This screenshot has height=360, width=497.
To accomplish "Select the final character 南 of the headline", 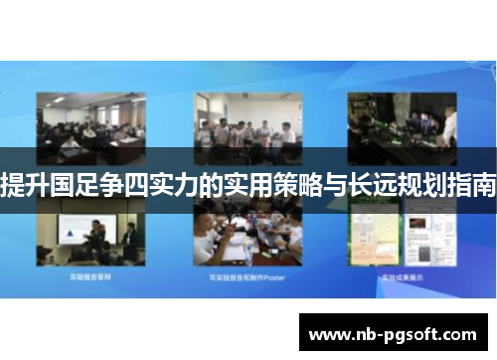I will point(484,184).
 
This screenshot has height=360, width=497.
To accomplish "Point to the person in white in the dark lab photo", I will point(449,124).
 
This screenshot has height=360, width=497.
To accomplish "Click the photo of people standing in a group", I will point(248,126).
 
